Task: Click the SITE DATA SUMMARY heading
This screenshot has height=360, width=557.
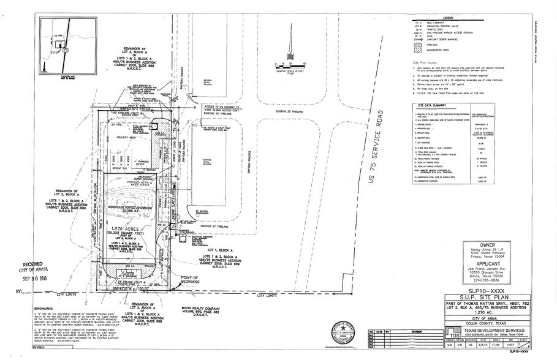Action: pyautogui.click(x=432, y=105)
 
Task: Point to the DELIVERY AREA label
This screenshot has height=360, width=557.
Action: pyautogui.click(x=127, y=138)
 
